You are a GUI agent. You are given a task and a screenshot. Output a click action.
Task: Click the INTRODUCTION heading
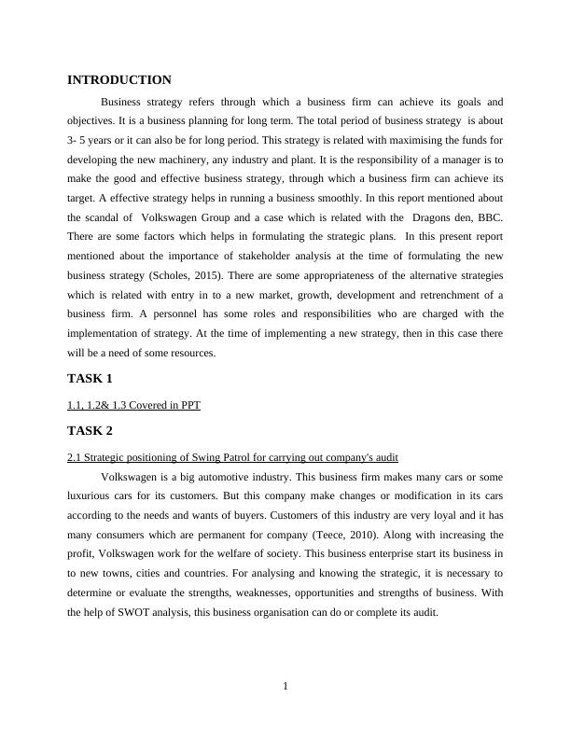(119, 80)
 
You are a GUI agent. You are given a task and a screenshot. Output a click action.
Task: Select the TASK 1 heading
(90, 379)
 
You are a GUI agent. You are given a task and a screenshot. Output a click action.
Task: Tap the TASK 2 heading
(90, 431)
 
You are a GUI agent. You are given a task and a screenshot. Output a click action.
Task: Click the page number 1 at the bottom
(285, 687)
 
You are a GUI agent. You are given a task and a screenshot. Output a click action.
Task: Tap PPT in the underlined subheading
(190, 405)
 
